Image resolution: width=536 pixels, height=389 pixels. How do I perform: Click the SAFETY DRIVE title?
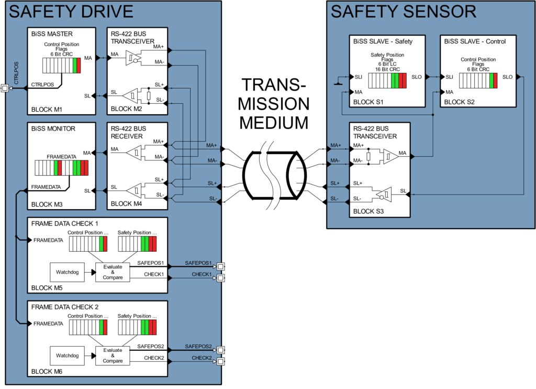(71, 12)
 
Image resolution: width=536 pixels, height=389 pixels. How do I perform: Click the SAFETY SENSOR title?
(403, 12)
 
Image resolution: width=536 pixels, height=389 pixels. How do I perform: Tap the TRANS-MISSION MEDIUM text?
(274, 104)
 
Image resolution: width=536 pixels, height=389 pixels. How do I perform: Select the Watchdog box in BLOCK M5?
(67, 272)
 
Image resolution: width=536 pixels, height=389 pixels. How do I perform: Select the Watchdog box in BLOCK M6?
(67, 355)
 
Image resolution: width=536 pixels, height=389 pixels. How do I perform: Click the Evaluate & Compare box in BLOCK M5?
(113, 272)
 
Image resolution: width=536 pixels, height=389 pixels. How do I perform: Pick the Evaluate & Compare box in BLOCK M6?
(113, 355)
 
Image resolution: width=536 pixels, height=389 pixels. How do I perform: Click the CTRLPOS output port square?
(5, 88)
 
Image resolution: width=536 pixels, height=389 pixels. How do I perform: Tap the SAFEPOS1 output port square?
(221, 266)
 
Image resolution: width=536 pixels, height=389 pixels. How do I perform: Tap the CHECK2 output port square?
(221, 361)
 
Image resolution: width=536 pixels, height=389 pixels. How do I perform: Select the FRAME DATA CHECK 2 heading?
(65, 307)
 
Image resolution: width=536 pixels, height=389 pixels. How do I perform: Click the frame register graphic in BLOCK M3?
(62, 168)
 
